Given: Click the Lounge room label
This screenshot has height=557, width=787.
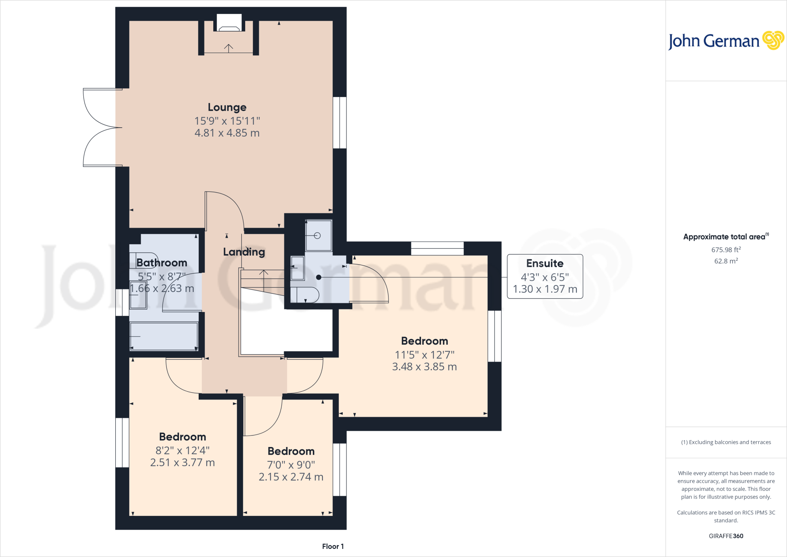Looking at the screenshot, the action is click(x=227, y=107).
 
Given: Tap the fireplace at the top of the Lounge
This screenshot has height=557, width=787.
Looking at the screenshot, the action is click(x=229, y=23).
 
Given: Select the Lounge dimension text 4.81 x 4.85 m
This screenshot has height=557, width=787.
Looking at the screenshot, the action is click(x=227, y=133).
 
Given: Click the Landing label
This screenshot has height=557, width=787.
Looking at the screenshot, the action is click(x=244, y=252).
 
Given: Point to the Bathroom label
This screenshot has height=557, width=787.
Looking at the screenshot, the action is click(x=162, y=263).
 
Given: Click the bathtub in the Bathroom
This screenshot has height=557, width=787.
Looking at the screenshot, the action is click(x=164, y=336).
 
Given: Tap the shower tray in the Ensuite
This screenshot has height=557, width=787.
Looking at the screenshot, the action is click(x=318, y=235).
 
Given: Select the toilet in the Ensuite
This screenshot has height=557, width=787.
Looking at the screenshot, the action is click(x=305, y=295).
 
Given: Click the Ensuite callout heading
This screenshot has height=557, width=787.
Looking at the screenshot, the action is click(x=545, y=263).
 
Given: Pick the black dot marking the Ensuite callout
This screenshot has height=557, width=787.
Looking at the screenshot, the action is click(x=319, y=277).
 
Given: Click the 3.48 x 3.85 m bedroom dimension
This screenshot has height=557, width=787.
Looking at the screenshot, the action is click(x=425, y=367).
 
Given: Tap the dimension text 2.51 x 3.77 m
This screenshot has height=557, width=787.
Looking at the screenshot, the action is click(x=183, y=463).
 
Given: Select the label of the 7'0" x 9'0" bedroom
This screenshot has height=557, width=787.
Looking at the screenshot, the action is click(x=291, y=451).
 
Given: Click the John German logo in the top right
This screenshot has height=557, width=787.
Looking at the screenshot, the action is click(x=726, y=40).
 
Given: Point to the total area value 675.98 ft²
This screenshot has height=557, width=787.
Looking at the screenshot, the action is click(x=726, y=250).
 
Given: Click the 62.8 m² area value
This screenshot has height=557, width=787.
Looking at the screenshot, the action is click(x=726, y=261).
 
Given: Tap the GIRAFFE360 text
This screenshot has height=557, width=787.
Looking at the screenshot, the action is click(x=726, y=536).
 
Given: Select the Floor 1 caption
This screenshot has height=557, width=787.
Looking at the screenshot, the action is click(x=333, y=546).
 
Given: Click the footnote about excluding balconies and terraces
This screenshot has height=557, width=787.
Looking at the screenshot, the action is click(x=726, y=442).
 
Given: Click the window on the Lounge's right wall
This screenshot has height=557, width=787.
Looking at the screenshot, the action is click(x=340, y=122).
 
